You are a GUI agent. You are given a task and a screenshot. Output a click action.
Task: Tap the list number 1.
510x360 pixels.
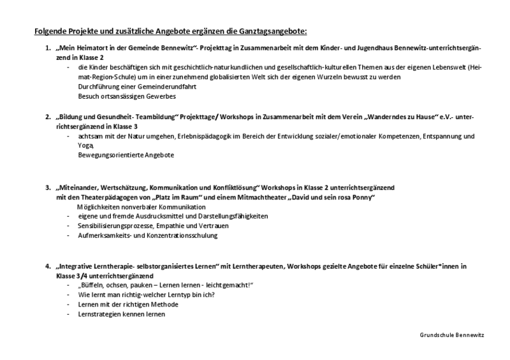click(x=48, y=48)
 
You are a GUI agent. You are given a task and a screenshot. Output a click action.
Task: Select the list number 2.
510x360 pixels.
click(x=48, y=118)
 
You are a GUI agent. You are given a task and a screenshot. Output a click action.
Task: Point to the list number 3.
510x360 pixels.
click(x=48, y=188)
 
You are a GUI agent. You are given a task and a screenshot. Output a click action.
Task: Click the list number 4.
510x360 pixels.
click(x=48, y=266)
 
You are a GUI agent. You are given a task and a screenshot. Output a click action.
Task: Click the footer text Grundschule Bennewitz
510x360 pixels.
click(x=452, y=335)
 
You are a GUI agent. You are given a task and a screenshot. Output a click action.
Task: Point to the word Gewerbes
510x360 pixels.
click(x=159, y=96)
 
